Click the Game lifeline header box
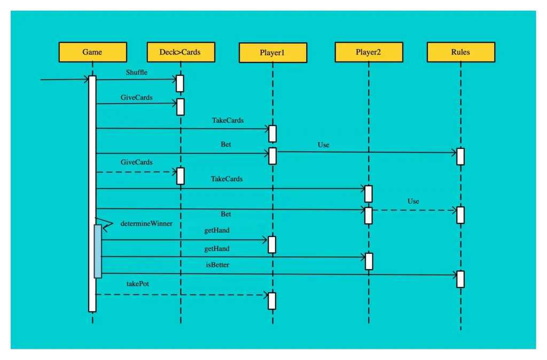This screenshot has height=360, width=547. pos(92,52)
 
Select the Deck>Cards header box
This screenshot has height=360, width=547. pos(181,52)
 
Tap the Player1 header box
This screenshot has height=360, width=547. pos(273,53)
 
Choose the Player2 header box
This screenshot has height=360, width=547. pos(369,52)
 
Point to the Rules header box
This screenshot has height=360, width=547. pos(460,52)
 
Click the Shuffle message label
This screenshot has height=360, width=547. pos(137,73)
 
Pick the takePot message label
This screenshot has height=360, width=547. pos(138,284)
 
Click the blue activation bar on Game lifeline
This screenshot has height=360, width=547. pos(98,251)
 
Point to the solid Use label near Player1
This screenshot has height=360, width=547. pos(324,145)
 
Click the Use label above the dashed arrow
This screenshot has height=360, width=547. pos(413,201)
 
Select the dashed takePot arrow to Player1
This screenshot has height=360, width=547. pos(182,294)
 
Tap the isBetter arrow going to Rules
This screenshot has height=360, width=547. pos(278,275)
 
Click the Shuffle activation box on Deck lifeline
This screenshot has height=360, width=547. pos(180,83)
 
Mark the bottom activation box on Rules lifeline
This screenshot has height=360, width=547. pos(460,279)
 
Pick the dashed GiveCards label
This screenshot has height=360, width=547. pos(137,162)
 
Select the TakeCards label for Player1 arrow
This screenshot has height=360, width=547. pos(228,121)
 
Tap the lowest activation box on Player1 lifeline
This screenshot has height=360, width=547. pos(272,301)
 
